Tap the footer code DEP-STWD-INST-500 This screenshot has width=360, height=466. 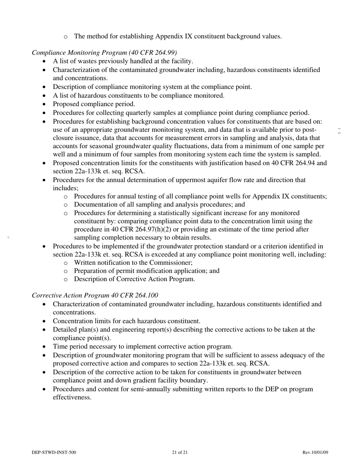(54, 452)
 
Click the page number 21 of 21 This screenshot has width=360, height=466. (180, 452)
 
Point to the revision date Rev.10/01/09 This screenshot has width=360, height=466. (315, 452)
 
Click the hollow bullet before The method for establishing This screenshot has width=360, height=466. (66, 37)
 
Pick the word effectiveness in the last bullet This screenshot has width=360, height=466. (72, 397)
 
